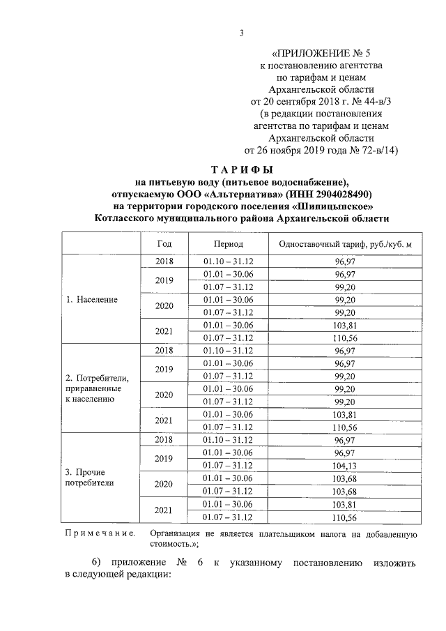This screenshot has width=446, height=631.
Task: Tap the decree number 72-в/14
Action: coord(371,150)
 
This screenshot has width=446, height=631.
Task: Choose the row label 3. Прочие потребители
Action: coord(89,476)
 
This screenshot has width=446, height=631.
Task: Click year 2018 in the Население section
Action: coord(164,261)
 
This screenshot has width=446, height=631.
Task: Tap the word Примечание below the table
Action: coord(99,534)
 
